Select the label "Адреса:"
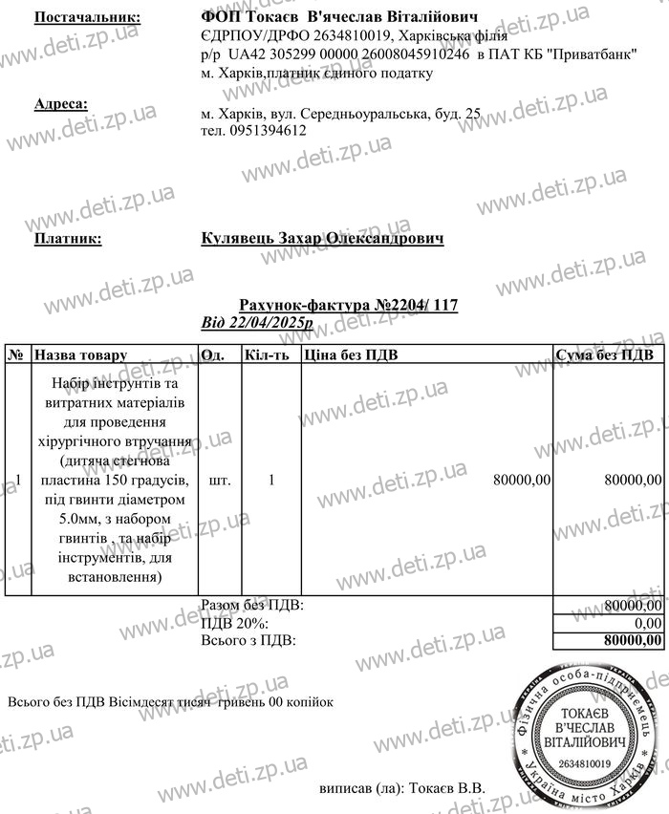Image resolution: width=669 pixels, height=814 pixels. click(61, 104)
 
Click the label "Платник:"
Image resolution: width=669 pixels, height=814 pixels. click(68, 239)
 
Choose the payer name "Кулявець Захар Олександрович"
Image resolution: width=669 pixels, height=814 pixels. click(323, 239)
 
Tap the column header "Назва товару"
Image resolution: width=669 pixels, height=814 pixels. click(81, 354)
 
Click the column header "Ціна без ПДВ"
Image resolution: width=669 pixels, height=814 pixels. click(351, 354)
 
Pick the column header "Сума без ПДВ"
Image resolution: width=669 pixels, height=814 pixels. click(604, 354)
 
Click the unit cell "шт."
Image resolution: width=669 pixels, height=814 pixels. click(219, 481)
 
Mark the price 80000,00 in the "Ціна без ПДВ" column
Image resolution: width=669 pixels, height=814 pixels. click(521, 481)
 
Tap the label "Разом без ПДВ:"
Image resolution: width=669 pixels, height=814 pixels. click(252, 606)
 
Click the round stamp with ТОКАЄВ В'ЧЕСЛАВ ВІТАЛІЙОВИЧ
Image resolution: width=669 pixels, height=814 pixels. click(582, 732)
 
